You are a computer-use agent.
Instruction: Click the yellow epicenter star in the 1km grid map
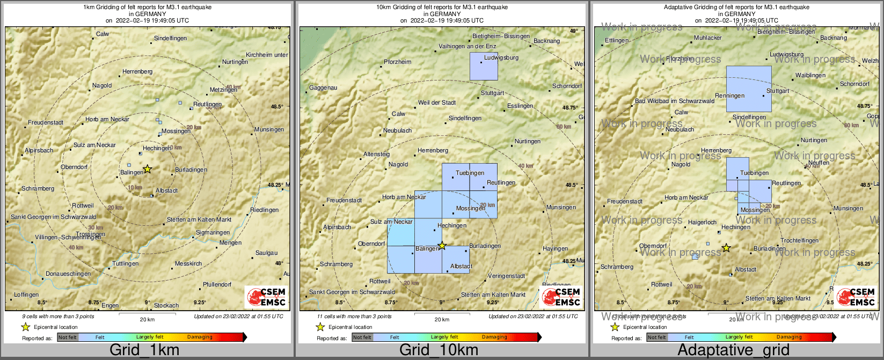tap(148, 169)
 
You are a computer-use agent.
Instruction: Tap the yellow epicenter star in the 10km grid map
tap(442, 246)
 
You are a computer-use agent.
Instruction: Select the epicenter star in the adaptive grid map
tap(726, 248)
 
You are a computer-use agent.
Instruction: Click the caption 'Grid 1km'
tap(144, 350)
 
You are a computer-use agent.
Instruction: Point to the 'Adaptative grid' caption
tap(733, 350)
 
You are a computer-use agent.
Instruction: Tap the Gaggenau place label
tap(323, 87)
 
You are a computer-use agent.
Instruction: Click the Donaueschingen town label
tap(68, 274)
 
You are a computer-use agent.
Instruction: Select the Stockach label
tap(166, 305)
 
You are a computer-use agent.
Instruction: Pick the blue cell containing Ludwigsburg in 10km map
tap(484, 67)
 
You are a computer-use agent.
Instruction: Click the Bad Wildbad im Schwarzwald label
tap(675, 101)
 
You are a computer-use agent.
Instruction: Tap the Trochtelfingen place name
tap(799, 240)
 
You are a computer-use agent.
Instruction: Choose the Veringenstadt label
tap(506, 276)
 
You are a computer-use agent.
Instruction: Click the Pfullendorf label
tap(217, 284)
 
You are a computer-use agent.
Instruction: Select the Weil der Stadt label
tap(437, 102)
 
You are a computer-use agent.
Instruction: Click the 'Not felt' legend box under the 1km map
tap(68, 337)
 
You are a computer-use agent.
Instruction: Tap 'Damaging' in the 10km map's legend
tap(494, 337)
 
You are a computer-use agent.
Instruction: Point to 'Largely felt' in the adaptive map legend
tap(739, 337)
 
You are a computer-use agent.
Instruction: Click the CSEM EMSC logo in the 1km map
tap(266, 297)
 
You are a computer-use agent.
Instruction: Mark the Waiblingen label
tap(810, 75)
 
